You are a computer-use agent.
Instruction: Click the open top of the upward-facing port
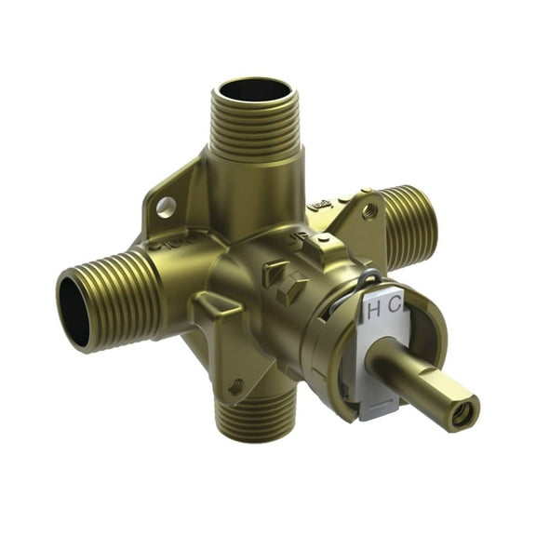[x=252, y=93]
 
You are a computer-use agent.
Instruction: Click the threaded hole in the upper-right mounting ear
[x=368, y=212]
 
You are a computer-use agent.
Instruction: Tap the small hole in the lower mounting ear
[x=235, y=383]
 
